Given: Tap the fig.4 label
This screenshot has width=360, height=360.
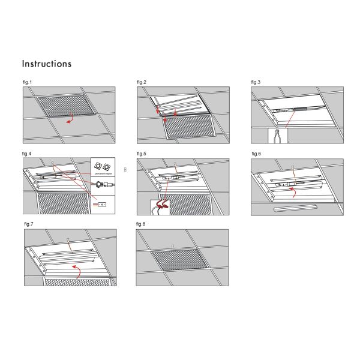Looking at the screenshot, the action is pos(27,154).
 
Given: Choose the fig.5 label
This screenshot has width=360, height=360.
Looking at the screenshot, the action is pos(142,154).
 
